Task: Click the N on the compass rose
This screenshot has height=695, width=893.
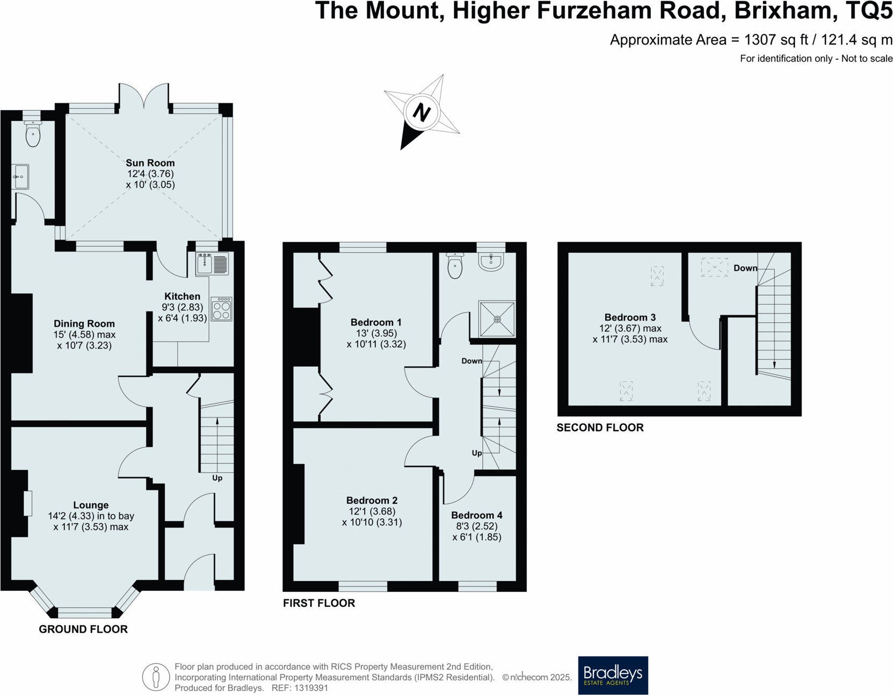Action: coord(422,113)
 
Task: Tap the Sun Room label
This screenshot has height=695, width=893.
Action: coord(150,163)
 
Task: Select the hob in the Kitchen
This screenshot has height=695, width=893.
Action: coord(221,309)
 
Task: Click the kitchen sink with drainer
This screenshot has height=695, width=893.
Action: coord(213,264)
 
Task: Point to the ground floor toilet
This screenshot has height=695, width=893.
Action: coord(33,134)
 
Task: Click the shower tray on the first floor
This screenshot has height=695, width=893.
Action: coord(497,319)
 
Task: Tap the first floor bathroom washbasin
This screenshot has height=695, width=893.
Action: coord(491,262)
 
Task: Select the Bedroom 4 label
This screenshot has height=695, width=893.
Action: coord(476,515)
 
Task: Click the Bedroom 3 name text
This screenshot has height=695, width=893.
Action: coord(630,317)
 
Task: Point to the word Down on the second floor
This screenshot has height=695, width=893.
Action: coord(745,268)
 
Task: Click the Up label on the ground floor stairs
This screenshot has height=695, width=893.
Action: coord(217,478)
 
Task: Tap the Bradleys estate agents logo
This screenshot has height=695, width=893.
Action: coord(613,675)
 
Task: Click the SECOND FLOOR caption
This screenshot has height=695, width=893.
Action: coord(600,428)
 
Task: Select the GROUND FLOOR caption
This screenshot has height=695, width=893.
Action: coord(83,629)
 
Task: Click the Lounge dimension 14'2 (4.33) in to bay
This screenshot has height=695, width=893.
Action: coord(91,516)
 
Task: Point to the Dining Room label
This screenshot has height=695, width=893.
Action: coord(84,323)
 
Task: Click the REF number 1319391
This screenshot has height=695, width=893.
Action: coord(311,688)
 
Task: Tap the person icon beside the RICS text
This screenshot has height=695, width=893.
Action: coord(156,677)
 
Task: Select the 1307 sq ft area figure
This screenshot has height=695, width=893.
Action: coord(776,40)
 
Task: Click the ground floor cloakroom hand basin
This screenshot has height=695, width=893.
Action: coord(21,177)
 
